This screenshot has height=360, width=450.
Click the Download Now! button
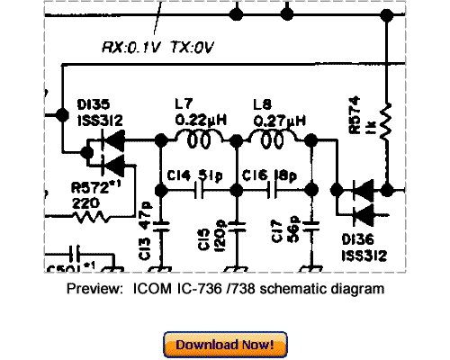coord(225,344)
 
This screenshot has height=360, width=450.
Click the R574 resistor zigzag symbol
coord(384,122)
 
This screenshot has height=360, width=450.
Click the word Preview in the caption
coord(93,289)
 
